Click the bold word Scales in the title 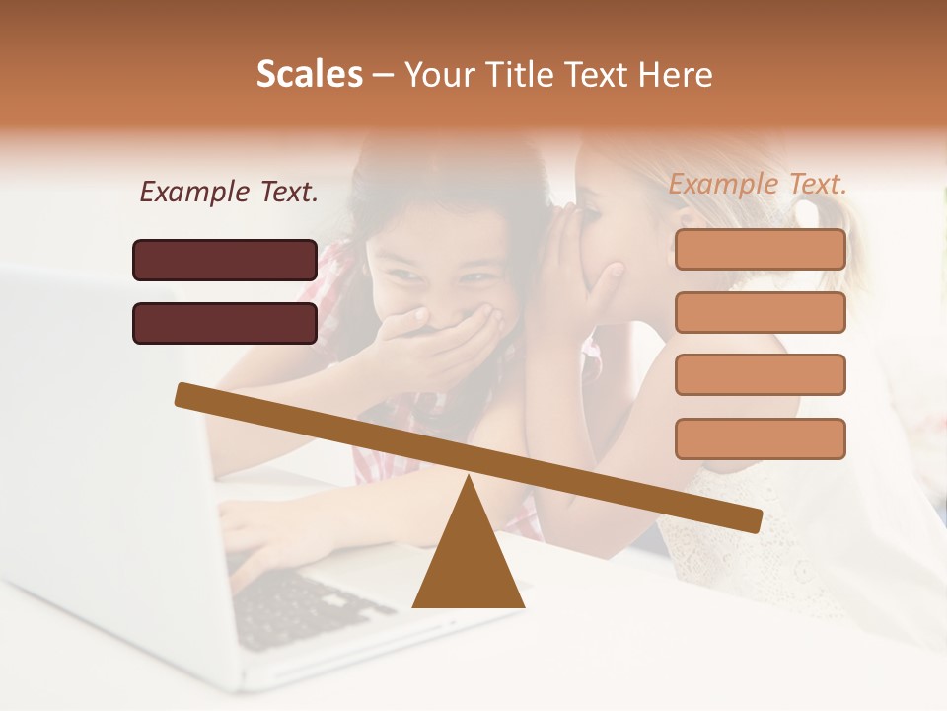point(310,74)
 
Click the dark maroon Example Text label point(229,193)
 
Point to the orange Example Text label point(758,184)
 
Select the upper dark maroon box point(225,260)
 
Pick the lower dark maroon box point(225,323)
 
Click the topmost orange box point(760,249)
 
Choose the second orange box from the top point(760,312)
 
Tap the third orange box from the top point(760,375)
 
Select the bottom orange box point(760,438)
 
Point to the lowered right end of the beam point(752,520)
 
